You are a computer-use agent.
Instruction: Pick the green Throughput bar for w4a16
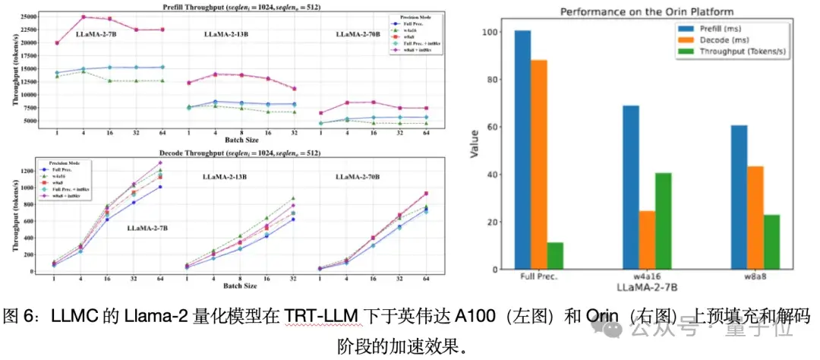pyautogui.click(x=662, y=221)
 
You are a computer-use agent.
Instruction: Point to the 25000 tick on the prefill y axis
pyautogui.click(x=30, y=16)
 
